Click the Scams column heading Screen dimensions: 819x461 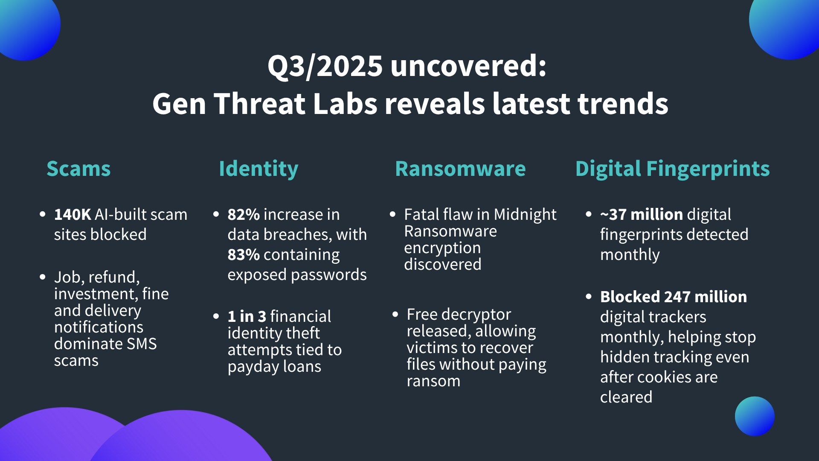[78, 169]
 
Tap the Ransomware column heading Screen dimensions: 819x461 [460, 169]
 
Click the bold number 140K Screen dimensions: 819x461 [73, 214]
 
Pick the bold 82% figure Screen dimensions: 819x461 [244, 214]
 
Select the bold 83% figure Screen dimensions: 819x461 [244, 254]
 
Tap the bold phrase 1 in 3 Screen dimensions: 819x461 [253, 316]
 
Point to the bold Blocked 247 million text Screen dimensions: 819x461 [674, 297]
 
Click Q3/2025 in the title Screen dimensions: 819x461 [325, 66]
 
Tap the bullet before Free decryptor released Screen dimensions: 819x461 [395, 315]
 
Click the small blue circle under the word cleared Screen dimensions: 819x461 [755, 416]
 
